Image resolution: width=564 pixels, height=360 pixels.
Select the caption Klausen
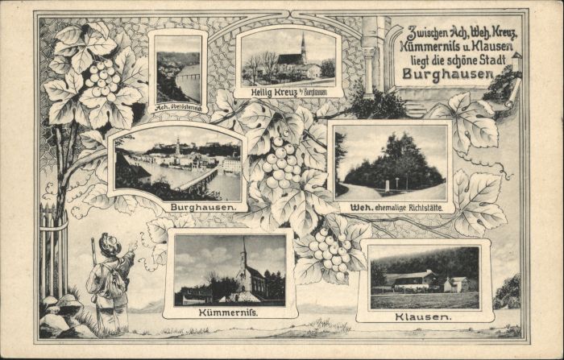[x=424, y=317]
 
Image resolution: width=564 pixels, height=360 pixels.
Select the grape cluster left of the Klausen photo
[x=332, y=249]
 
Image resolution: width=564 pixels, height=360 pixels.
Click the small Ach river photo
[x=177, y=69]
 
